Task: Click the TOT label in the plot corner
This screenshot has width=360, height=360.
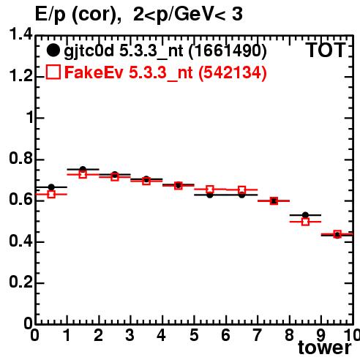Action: (x=326, y=50)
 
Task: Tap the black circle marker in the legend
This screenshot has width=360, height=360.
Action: (x=53, y=50)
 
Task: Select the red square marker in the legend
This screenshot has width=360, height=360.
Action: (x=53, y=72)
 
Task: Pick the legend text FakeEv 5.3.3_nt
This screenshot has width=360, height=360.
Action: (x=129, y=73)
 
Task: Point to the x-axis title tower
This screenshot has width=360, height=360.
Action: (x=325, y=348)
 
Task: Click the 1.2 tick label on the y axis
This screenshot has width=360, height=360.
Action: (x=20, y=76)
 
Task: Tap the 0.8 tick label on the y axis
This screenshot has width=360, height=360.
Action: (x=20, y=159)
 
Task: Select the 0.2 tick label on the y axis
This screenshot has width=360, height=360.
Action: (x=20, y=282)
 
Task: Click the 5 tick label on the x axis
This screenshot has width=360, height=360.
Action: (x=194, y=335)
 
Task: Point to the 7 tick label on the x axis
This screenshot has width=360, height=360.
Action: (x=257, y=335)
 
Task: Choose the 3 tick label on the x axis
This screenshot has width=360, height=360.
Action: (x=130, y=335)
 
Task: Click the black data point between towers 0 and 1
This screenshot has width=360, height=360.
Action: (x=51, y=187)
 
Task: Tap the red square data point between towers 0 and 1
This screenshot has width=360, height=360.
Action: (x=51, y=195)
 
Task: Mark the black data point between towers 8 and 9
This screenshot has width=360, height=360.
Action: (x=305, y=215)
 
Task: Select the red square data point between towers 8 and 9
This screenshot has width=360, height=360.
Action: (x=305, y=222)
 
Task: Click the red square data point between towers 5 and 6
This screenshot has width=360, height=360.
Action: (x=210, y=190)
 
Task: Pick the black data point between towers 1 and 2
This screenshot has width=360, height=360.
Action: (x=83, y=169)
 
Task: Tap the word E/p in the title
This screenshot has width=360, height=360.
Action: (x=50, y=15)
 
